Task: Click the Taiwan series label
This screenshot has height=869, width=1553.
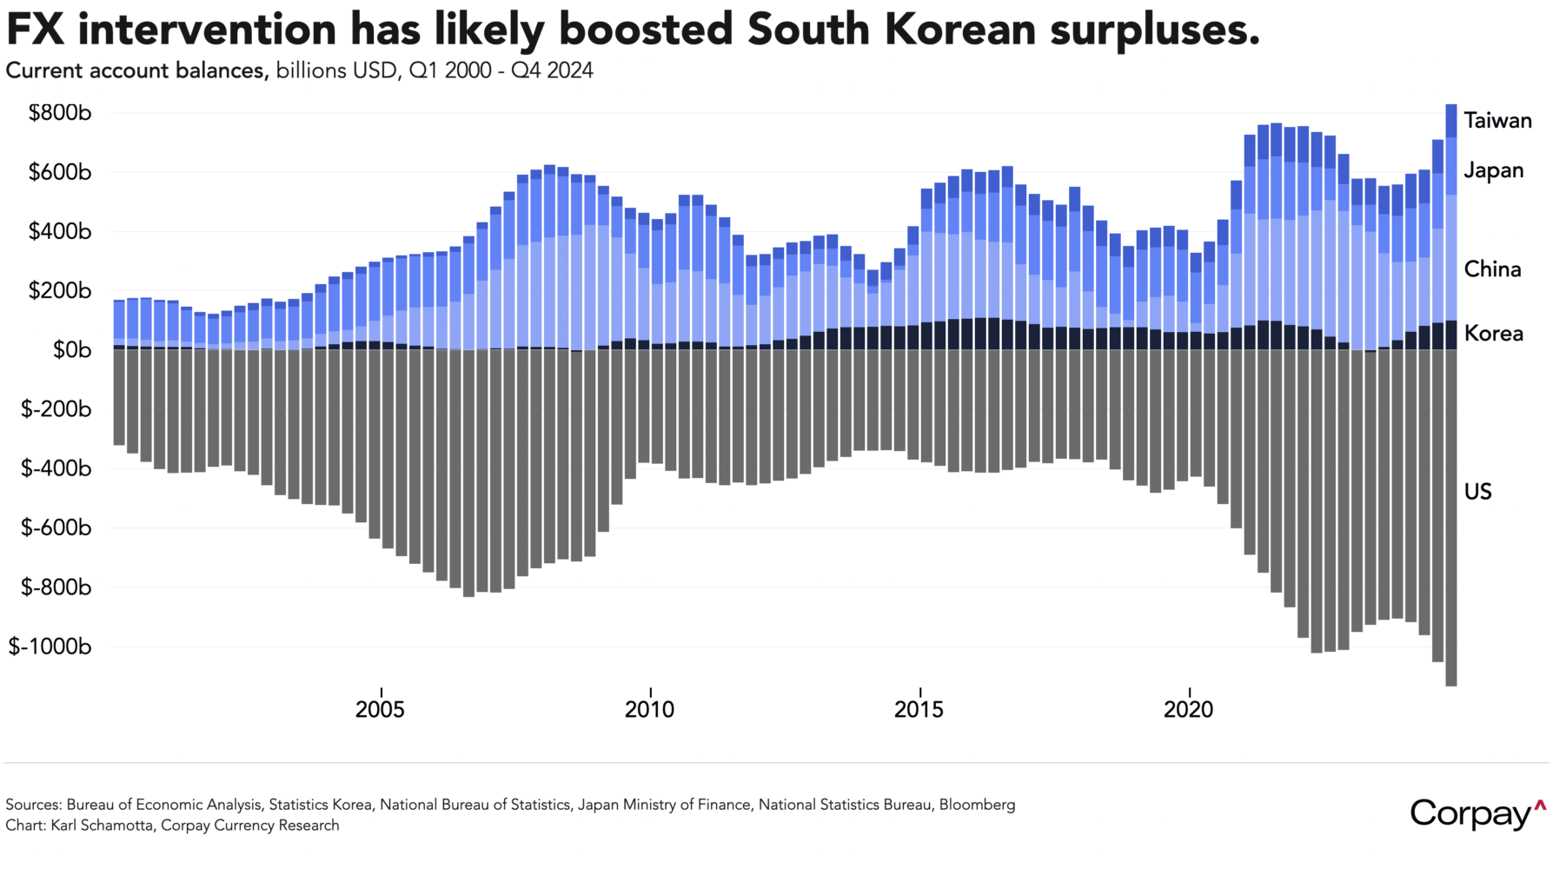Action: [x=1497, y=120]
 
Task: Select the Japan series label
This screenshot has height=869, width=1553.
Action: [x=1493, y=170]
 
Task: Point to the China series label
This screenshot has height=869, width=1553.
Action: [x=1492, y=269]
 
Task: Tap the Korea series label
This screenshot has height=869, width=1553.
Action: [x=1493, y=334]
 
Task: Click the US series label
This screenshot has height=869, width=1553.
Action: [x=1477, y=492]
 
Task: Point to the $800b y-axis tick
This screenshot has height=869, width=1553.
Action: [x=60, y=113]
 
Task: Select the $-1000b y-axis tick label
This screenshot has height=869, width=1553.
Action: [x=50, y=647]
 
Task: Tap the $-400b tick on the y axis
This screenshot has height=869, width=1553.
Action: [x=56, y=468]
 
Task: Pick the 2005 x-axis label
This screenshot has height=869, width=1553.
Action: [x=380, y=710]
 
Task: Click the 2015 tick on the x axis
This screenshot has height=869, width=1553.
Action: [x=919, y=710]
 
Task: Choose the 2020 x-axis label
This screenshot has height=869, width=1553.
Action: [x=1188, y=710]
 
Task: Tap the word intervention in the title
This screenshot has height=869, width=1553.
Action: [x=212, y=30]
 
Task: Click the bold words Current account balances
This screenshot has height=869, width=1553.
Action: [x=136, y=70]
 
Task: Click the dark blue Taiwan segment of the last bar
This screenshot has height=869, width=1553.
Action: [x=1450, y=121]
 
